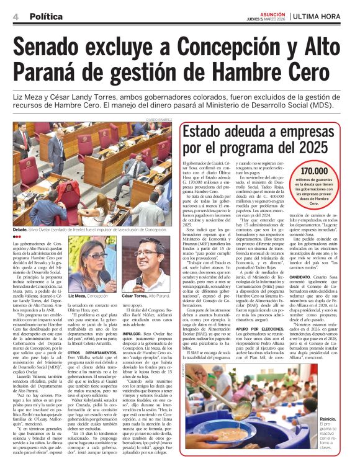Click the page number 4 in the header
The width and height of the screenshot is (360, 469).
(15, 14)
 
